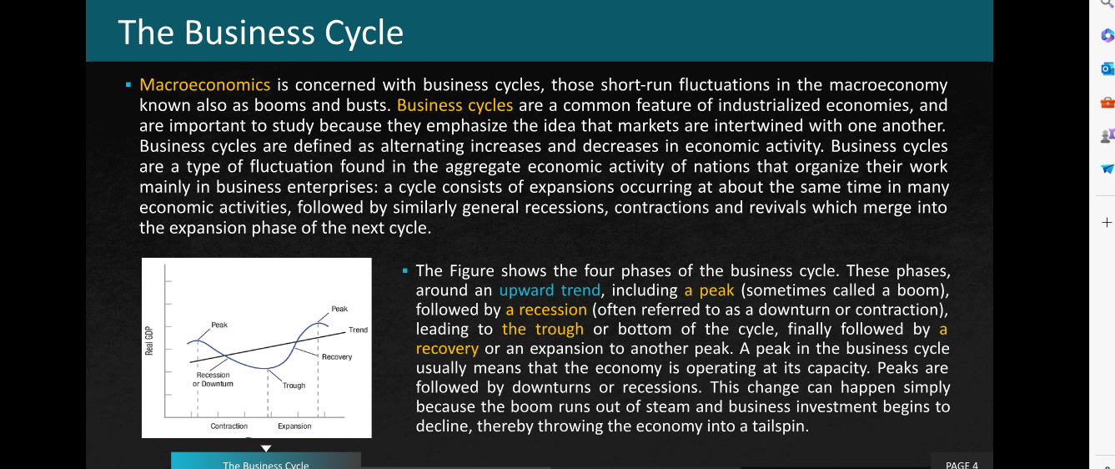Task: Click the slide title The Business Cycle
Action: pos(260,33)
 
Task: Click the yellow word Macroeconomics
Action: pos(204,84)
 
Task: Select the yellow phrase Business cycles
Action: pos(455,105)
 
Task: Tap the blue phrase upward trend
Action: pos(550,290)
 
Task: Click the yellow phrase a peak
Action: pos(709,290)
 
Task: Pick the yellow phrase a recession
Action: pos(546,310)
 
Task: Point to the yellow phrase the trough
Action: pos(543,329)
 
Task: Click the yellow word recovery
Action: pos(447,349)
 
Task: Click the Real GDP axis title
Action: pos(148,340)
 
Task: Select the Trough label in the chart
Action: pos(294,386)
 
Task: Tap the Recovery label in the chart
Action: pos(336,357)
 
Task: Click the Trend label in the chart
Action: pos(358,330)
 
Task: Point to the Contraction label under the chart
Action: pos(229,426)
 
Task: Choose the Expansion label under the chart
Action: pos(294,426)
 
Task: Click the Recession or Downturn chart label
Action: pos(213,380)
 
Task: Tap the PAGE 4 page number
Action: pos(962,465)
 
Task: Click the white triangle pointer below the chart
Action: pos(266,448)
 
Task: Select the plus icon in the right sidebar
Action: pos(1107,222)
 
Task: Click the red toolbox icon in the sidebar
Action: pos(1107,103)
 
